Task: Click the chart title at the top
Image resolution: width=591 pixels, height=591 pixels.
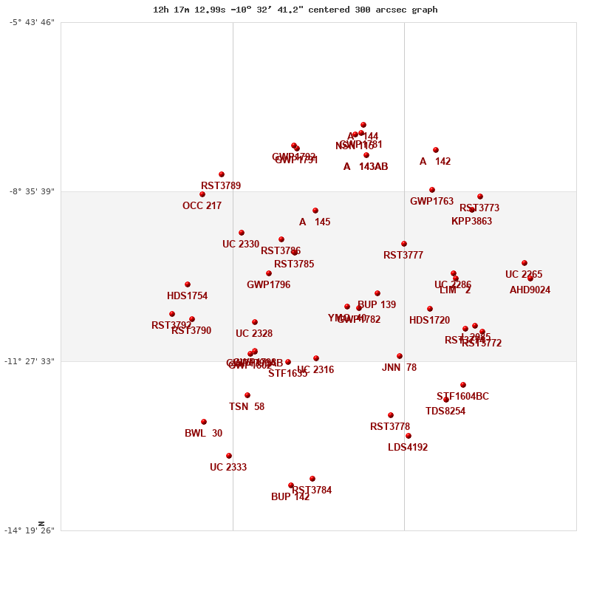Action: tap(295, 10)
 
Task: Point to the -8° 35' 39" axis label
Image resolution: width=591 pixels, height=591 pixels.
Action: tap(32, 191)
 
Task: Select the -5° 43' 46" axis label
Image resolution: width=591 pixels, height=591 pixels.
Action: tap(32, 22)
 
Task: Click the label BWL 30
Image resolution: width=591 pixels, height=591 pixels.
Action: tap(203, 434)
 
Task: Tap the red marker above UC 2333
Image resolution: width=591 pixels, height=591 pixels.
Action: tap(229, 456)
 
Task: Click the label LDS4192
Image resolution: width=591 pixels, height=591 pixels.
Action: tap(408, 448)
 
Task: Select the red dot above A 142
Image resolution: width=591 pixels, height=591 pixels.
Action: tap(436, 150)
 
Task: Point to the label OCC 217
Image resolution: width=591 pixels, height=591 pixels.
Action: tap(202, 206)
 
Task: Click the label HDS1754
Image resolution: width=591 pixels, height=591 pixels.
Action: tap(187, 296)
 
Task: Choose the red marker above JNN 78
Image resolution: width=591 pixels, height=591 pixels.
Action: tap(400, 356)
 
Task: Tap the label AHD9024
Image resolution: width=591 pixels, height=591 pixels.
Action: tap(530, 290)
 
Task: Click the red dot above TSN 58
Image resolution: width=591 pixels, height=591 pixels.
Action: tap(247, 395)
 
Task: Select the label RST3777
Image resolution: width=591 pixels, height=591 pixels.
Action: tap(403, 256)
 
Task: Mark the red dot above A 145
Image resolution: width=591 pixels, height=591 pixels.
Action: tap(315, 211)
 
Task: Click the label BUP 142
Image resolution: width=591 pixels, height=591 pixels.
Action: tap(290, 497)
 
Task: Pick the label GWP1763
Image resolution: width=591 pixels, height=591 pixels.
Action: tap(431, 202)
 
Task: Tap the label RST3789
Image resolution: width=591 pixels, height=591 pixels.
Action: tap(221, 186)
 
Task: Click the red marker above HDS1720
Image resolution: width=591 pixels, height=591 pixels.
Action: tap(430, 309)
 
